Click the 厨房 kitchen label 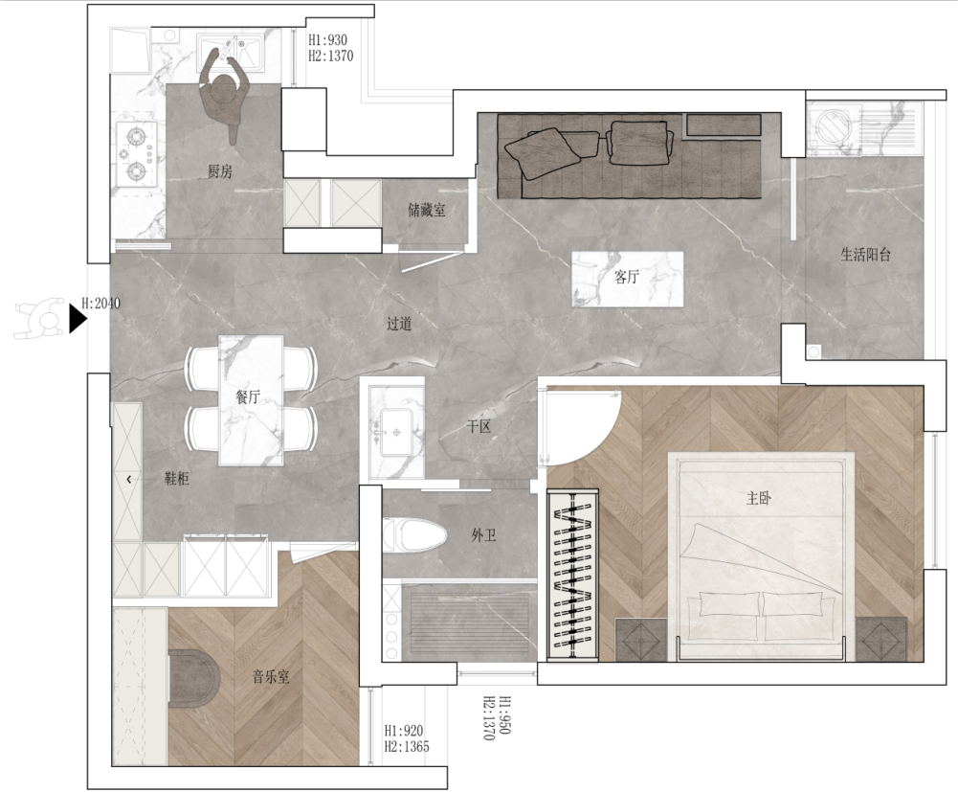[x=220, y=171]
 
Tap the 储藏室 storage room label [x=427, y=211]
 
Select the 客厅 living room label [x=626, y=277]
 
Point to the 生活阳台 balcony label [x=866, y=255]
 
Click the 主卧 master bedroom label [x=759, y=498]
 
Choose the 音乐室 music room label [x=271, y=676]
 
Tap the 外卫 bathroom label [x=483, y=535]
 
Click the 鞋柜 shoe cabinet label [x=176, y=478]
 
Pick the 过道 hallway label [x=399, y=324]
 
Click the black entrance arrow [x=77, y=319]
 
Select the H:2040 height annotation [x=100, y=303]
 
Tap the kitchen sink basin [x=229, y=48]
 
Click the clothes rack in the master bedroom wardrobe [x=572, y=575]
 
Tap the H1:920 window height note [x=404, y=731]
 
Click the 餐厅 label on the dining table [x=248, y=396]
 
